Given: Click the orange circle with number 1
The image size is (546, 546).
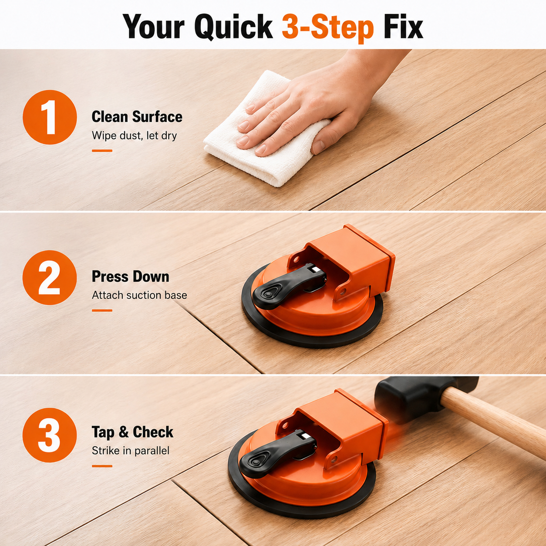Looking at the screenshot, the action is (50, 117).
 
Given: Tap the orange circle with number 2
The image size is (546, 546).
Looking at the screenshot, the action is (50, 277).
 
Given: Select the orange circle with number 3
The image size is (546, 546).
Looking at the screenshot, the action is (50, 435).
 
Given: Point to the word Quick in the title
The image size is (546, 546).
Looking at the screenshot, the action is (233, 27).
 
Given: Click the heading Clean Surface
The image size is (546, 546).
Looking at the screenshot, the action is (137, 116).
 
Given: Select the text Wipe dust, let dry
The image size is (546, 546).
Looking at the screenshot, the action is (134, 135).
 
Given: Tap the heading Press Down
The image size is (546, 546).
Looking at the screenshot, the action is (130, 276).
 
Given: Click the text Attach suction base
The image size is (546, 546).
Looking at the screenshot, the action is (139, 295).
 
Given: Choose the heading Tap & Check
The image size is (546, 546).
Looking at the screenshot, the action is (132, 432).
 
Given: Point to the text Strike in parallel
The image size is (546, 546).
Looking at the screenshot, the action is (131, 451).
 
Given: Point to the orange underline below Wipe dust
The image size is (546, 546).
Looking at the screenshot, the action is (102, 151).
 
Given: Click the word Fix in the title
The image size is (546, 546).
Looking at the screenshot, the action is (403, 27).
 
